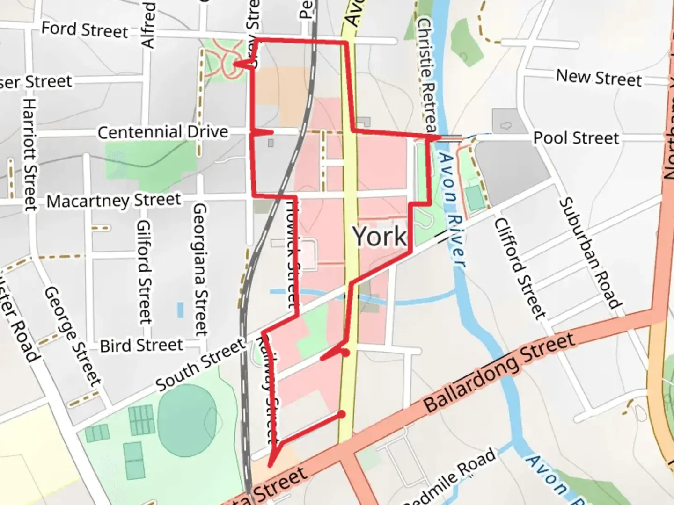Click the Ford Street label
coord(85,29)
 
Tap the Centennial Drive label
coord(163,132)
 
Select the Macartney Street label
coord(114,201)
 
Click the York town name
coord(380,237)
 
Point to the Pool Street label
coord(576,138)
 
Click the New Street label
coord(599,78)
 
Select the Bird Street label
coord(141,346)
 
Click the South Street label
coord(200,365)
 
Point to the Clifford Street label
coord(520,269)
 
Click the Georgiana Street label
coord(200,269)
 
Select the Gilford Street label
coord(144,272)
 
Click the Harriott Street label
coord(29,154)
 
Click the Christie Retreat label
coord(426,75)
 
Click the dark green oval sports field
coord(186,421)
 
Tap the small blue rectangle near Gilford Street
coord(180,310)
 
